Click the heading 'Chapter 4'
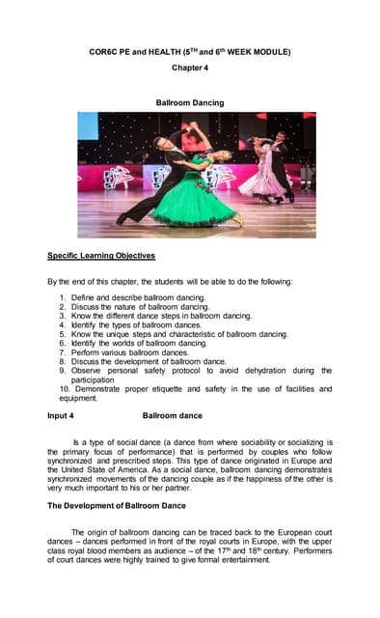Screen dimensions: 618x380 189,69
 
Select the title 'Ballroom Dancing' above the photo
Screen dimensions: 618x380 189,102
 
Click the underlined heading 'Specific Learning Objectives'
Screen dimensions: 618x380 101,255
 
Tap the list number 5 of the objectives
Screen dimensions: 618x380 63,334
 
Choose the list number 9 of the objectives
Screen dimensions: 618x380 63,370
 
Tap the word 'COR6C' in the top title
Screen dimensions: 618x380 103,51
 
